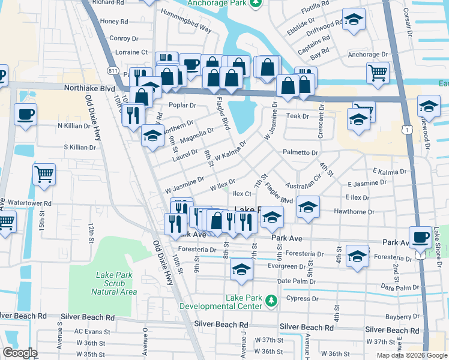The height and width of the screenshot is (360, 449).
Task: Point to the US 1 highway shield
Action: [x=408, y=130]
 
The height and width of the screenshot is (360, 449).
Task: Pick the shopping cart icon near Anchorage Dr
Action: [x=377, y=73]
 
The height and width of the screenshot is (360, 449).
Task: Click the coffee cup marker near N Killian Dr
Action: [x=26, y=114]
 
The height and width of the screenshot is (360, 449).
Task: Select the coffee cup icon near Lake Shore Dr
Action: [x=420, y=236]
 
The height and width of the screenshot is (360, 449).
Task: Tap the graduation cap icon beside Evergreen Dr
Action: [x=241, y=269]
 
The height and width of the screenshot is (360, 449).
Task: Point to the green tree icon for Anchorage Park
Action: [x=256, y=3]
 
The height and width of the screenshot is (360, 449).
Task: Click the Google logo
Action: [x=20, y=353]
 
